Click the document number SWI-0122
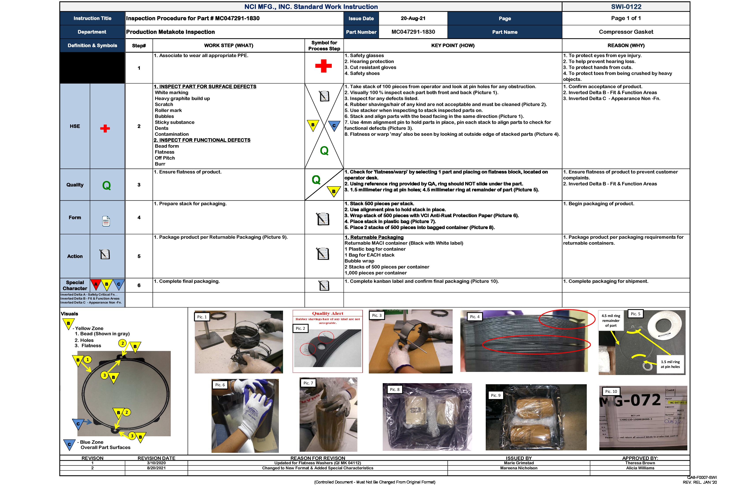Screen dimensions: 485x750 click(x=626, y=7)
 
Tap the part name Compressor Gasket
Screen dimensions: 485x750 click(x=626, y=32)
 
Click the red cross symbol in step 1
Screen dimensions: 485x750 click(x=323, y=66)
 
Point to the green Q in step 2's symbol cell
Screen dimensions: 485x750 click(x=324, y=151)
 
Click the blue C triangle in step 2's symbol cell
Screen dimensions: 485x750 click(x=334, y=125)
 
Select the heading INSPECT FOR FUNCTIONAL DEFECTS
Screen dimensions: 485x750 click(x=202, y=140)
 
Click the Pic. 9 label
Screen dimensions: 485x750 click(x=495, y=395)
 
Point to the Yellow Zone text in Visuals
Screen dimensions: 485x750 click(x=89, y=328)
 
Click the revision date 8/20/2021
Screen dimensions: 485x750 click(x=156, y=468)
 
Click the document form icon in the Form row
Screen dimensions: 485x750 click(x=106, y=221)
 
